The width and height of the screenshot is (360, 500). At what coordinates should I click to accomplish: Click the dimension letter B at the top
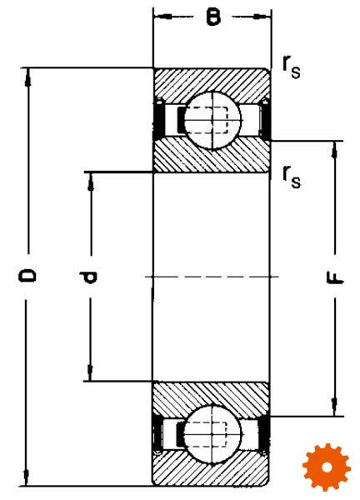tap(213, 17)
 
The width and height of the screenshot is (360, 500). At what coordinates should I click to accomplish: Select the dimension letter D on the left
tap(27, 275)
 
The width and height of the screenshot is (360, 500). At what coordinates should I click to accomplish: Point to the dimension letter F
tap(335, 278)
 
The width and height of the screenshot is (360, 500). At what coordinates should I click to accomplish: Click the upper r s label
tap(291, 67)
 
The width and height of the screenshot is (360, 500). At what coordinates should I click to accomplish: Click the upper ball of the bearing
tap(212, 121)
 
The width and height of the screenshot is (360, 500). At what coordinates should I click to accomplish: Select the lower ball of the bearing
tap(212, 434)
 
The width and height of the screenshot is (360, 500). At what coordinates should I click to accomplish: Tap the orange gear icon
tap(327, 467)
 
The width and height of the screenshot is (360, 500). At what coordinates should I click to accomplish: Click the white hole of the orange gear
tap(327, 467)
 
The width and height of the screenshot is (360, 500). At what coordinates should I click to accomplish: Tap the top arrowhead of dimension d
tap(91, 181)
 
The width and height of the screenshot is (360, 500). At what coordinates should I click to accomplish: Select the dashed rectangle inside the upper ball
tap(207, 120)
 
